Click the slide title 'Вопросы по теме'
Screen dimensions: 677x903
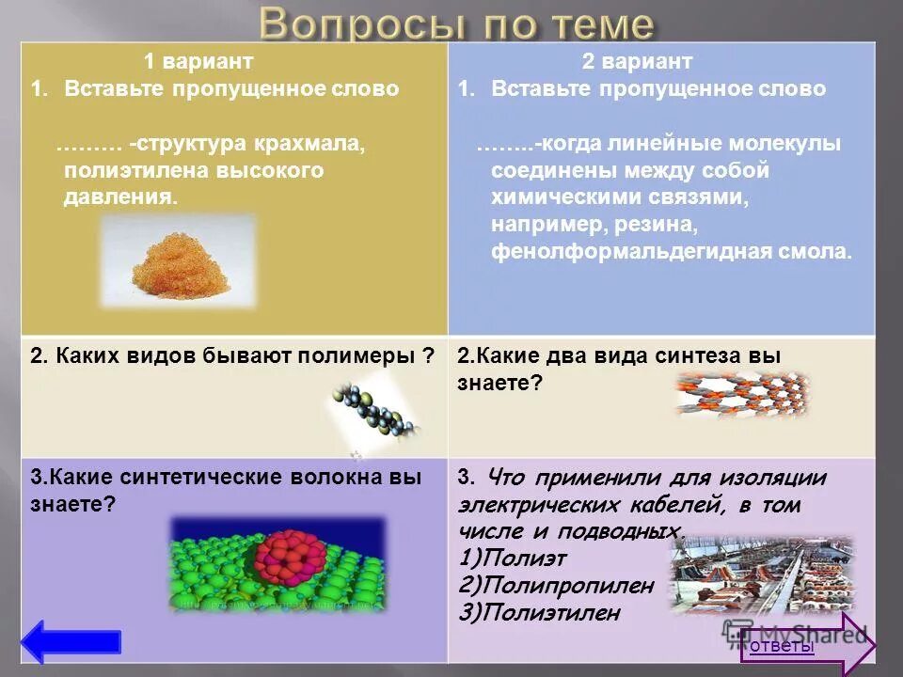pyautogui.click(x=456, y=24)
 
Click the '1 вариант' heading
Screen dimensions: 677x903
pyautogui.click(x=198, y=62)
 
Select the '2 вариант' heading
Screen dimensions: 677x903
pyautogui.click(x=637, y=62)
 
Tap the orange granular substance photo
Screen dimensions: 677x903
pyautogui.click(x=178, y=261)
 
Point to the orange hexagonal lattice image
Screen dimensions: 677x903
pyautogui.click(x=742, y=394)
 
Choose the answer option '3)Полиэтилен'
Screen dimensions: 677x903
pyautogui.click(x=541, y=613)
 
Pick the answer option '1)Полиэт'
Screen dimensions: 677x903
pyautogui.click(x=514, y=558)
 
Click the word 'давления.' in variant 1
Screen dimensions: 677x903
pyautogui.click(x=120, y=197)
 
